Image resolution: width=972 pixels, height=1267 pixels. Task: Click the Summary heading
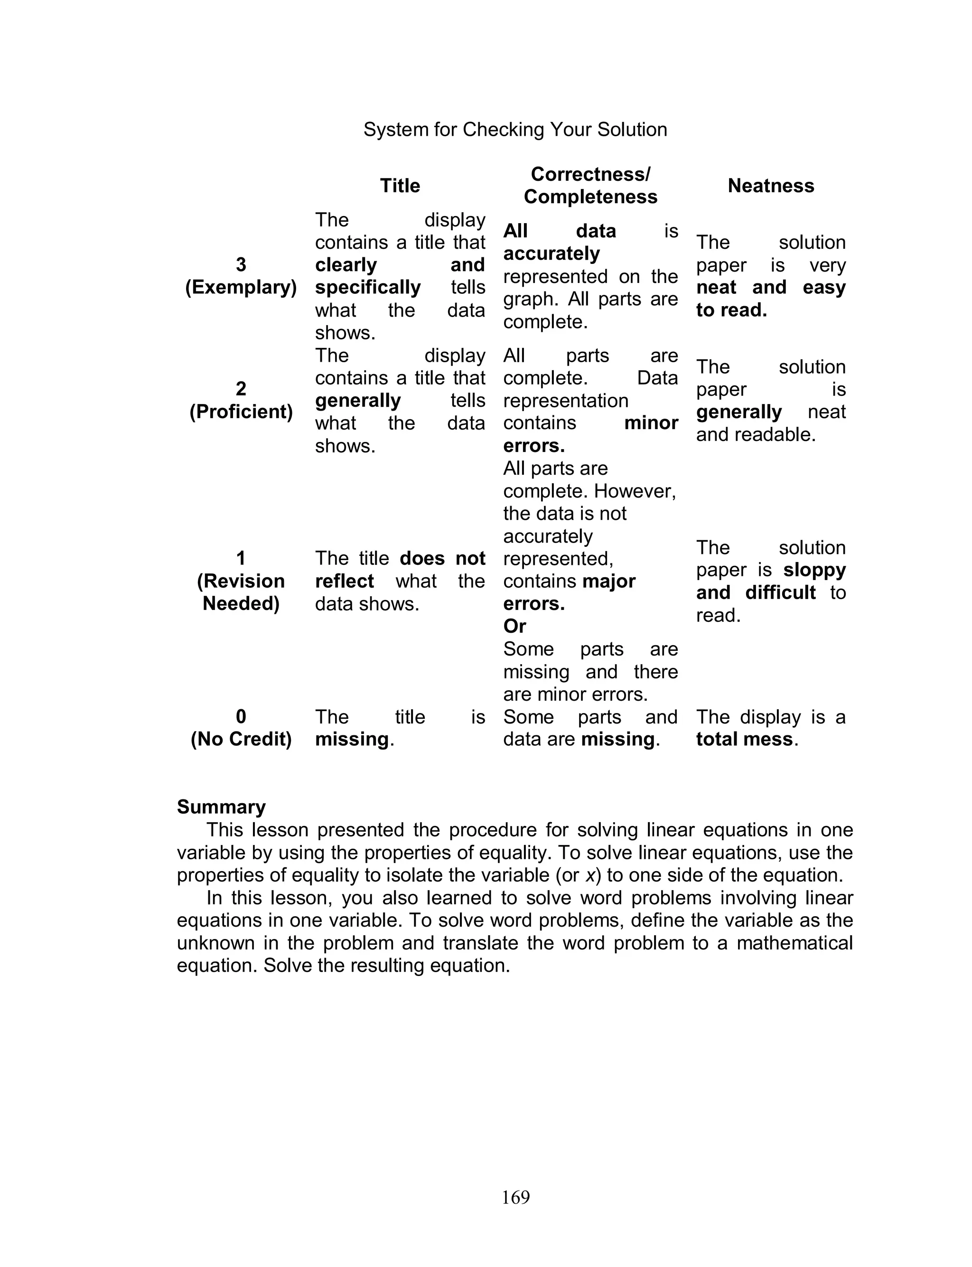[x=221, y=807]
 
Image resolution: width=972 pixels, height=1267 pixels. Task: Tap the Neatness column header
[x=771, y=186]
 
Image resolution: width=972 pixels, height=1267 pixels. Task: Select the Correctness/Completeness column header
[x=590, y=186]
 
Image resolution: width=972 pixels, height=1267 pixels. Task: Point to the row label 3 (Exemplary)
[x=241, y=276]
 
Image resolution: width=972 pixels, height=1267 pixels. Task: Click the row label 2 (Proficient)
[x=241, y=400]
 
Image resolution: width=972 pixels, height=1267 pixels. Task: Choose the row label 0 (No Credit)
[x=241, y=728]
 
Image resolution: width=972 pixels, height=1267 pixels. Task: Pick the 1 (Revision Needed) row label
[x=241, y=581]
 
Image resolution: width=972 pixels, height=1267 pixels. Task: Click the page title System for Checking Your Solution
[x=515, y=130]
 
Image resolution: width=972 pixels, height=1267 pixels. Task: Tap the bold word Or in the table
[x=514, y=626]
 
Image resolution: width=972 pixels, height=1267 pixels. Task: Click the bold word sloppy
[x=814, y=570]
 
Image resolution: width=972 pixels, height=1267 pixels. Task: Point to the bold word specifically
[x=368, y=288]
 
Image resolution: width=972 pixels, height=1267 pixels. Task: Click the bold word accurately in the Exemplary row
[x=551, y=253]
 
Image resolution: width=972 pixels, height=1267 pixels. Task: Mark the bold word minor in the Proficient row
[x=651, y=423]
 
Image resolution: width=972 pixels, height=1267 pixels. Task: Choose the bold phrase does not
[x=442, y=558]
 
